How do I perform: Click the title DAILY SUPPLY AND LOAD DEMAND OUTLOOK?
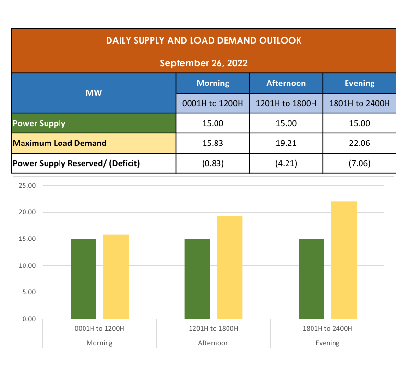[x=204, y=40]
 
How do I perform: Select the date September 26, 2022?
[x=204, y=63]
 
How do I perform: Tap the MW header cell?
[x=94, y=93]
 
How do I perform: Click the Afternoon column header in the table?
[x=286, y=83]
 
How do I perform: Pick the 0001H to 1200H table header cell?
[x=213, y=103]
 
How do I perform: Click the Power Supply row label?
[x=39, y=123]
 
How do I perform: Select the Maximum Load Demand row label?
[x=60, y=143]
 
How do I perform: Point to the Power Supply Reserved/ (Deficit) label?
[x=76, y=163]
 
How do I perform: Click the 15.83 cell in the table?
[x=213, y=143]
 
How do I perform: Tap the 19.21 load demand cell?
[x=286, y=143]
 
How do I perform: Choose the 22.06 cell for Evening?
[x=359, y=143]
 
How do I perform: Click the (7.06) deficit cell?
[x=359, y=163]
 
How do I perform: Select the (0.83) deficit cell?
[x=213, y=163]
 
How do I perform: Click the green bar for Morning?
[x=84, y=278]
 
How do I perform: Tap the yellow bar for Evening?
[x=344, y=260]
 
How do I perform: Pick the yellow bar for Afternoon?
[x=230, y=267]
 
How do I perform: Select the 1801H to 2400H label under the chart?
[x=327, y=329]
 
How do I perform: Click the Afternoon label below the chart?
[x=214, y=343]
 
